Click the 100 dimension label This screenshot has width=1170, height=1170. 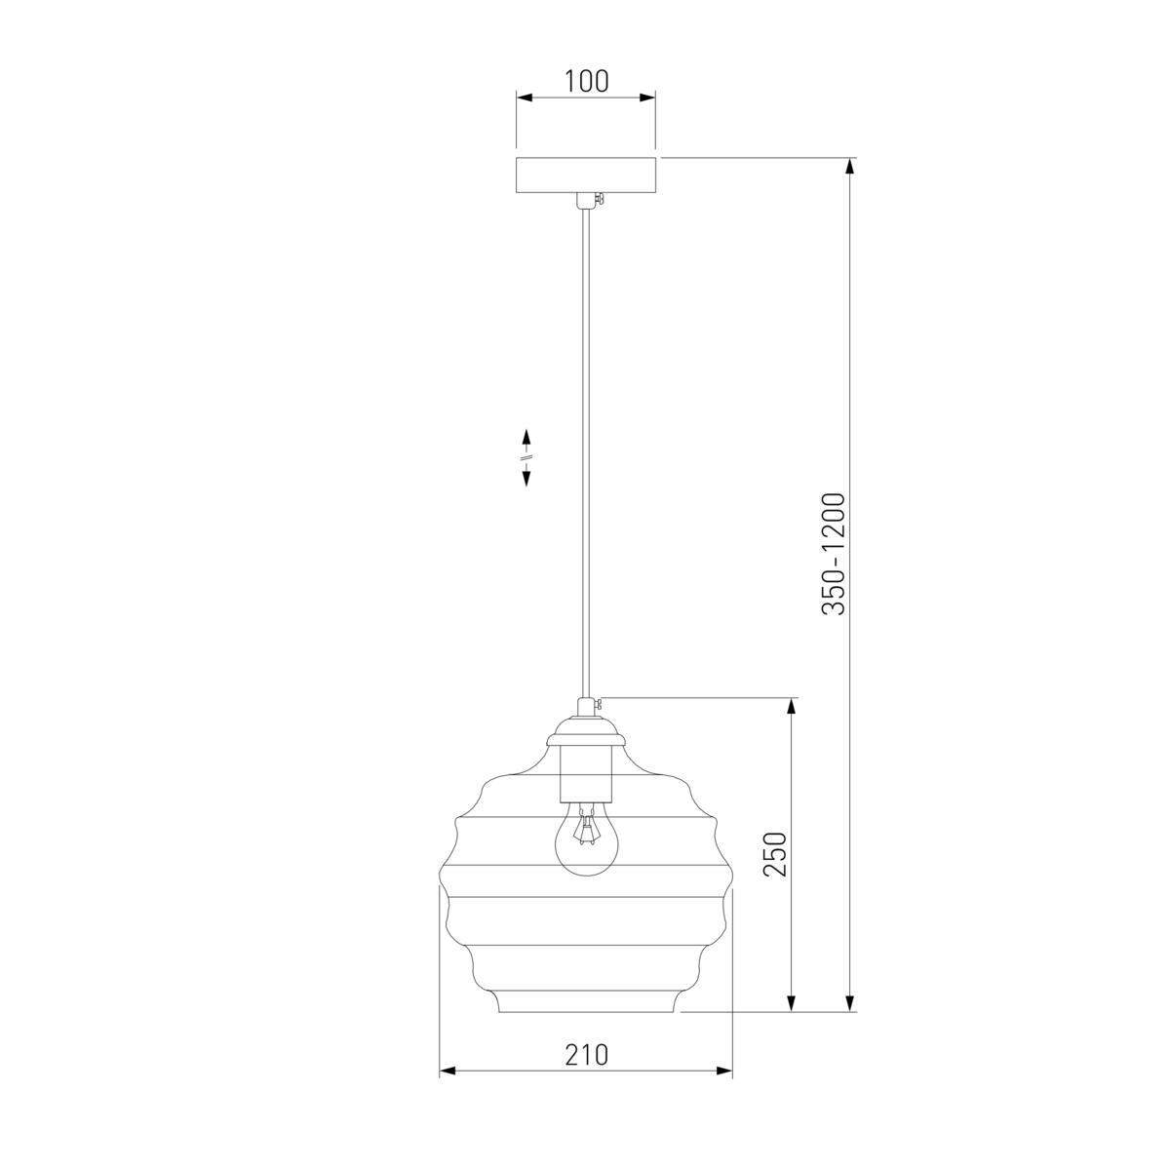(586, 81)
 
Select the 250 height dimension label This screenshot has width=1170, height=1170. (775, 854)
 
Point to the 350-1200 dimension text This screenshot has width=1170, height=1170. (834, 554)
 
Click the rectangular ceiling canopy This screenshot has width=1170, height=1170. (586, 175)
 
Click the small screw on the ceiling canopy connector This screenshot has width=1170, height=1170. (600, 199)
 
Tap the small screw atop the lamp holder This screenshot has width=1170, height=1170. (600, 704)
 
